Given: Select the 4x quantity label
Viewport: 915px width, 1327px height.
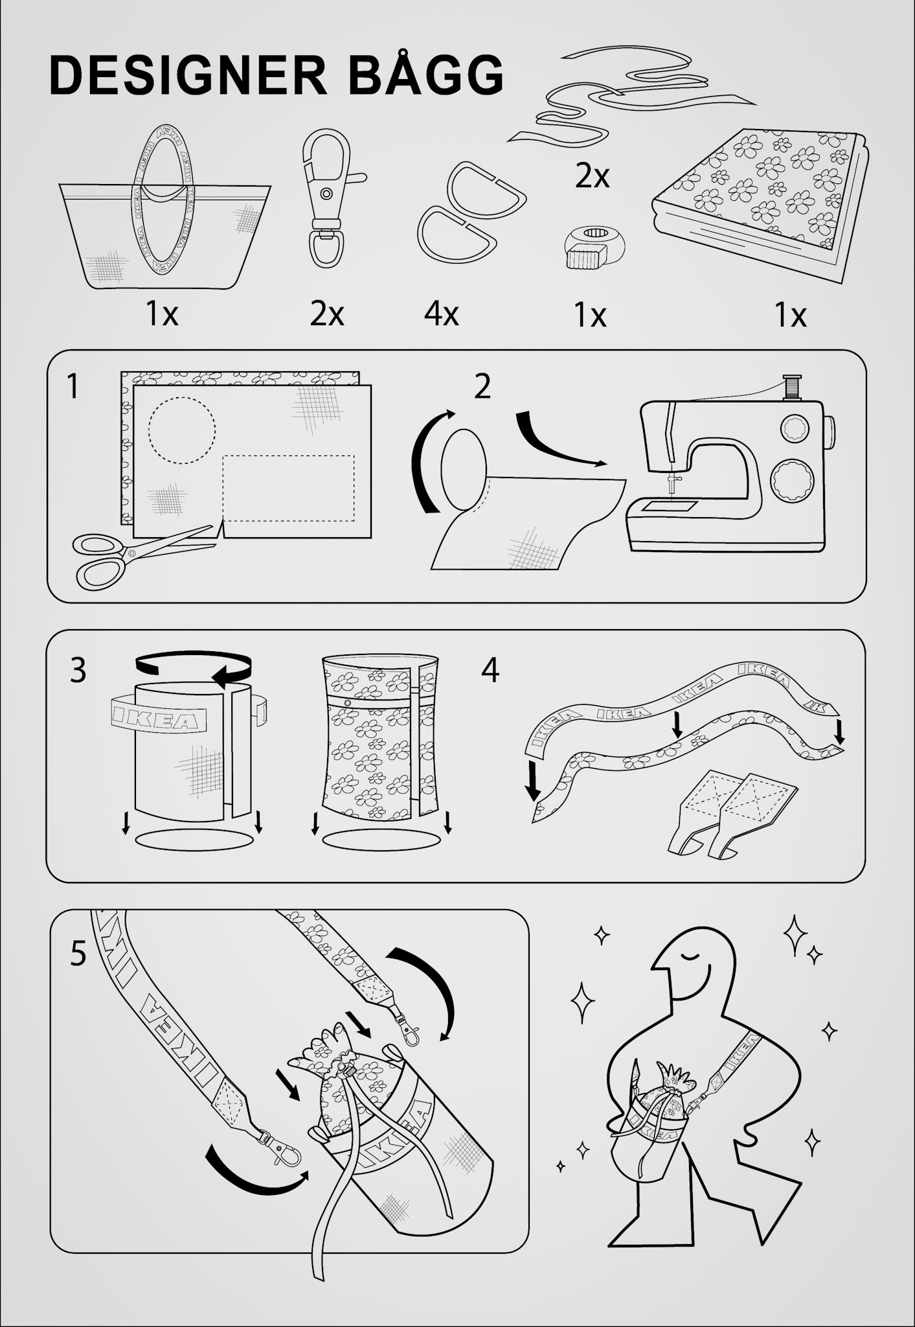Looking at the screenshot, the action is (x=442, y=314).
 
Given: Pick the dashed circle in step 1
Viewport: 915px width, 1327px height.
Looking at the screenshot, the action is (x=182, y=430).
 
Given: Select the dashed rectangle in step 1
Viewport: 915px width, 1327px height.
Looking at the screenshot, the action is (x=289, y=488).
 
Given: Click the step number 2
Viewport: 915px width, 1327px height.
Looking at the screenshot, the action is (x=482, y=387).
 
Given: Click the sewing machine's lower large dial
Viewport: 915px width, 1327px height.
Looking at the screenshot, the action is (x=791, y=479).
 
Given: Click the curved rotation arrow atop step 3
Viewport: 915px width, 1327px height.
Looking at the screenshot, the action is (x=194, y=665).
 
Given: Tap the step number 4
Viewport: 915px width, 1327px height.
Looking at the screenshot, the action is (x=490, y=670).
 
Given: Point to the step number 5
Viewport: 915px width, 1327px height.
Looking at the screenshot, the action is (x=78, y=954).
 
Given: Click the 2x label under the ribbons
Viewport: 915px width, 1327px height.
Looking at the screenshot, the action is (x=593, y=176).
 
